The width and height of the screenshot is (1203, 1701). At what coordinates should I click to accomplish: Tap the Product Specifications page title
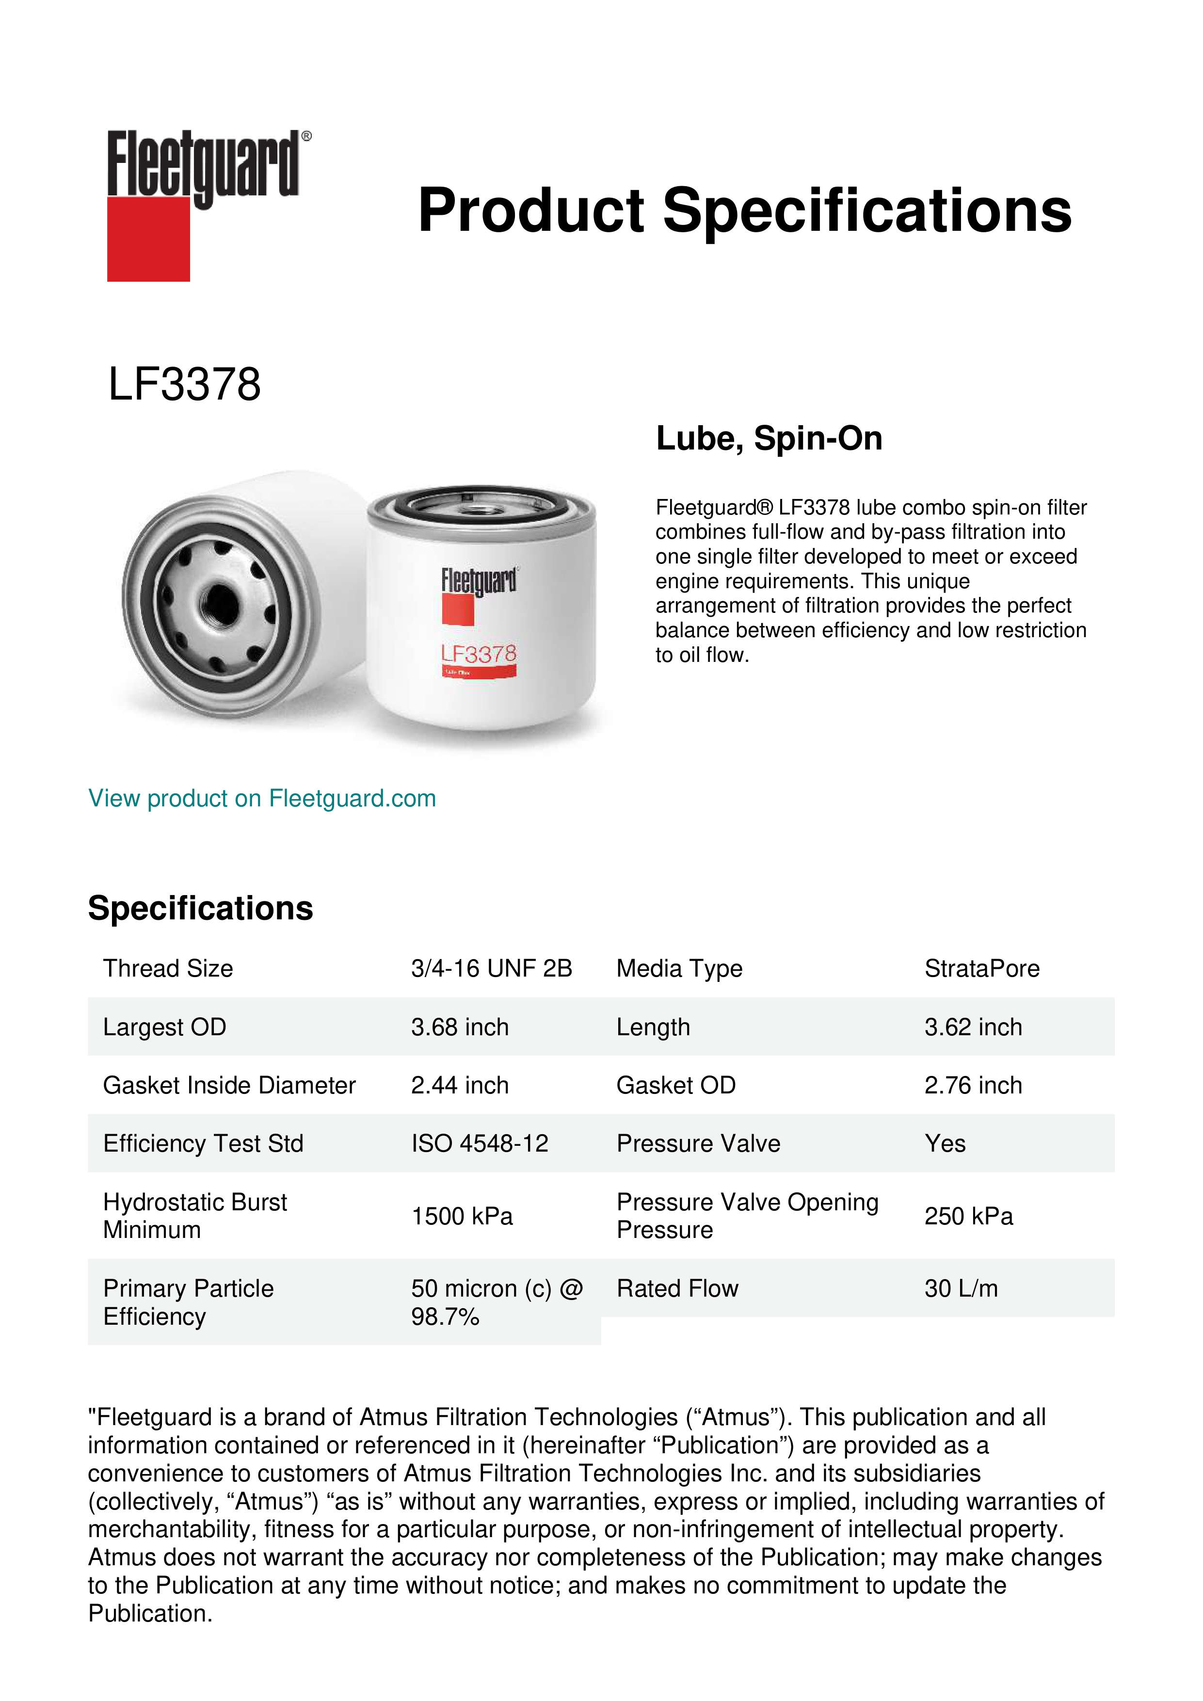click(x=744, y=210)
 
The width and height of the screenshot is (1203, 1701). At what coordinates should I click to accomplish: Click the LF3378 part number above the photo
click(x=184, y=385)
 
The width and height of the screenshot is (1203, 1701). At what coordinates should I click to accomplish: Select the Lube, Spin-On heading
click(x=769, y=439)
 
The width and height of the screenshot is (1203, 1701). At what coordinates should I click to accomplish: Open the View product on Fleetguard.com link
click(x=261, y=799)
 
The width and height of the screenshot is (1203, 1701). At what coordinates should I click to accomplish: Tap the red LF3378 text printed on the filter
click(x=479, y=654)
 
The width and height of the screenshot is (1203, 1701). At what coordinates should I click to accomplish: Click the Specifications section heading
click(x=200, y=908)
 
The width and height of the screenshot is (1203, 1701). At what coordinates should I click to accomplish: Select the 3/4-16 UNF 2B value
click(x=491, y=968)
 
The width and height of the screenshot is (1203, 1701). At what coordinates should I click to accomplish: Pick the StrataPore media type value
click(x=981, y=968)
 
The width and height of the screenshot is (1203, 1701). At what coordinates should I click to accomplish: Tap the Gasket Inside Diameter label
click(x=229, y=1085)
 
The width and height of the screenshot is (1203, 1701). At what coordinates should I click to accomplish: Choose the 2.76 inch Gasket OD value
click(x=973, y=1085)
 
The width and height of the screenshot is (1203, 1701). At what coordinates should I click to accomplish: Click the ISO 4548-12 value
click(x=479, y=1144)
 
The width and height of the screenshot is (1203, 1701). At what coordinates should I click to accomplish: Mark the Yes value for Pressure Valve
click(x=945, y=1144)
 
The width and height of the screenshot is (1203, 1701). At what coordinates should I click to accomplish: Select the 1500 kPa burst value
click(x=462, y=1217)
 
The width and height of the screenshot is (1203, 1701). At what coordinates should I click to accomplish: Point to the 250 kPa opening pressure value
click(x=968, y=1217)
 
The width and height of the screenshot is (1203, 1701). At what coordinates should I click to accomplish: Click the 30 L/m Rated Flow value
click(x=961, y=1289)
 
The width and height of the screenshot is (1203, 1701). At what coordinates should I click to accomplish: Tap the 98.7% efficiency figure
click(x=445, y=1317)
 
